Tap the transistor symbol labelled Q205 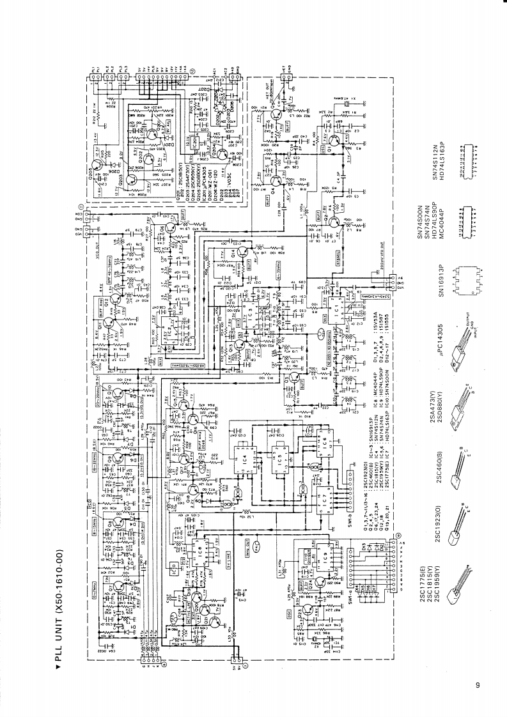[221, 153]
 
